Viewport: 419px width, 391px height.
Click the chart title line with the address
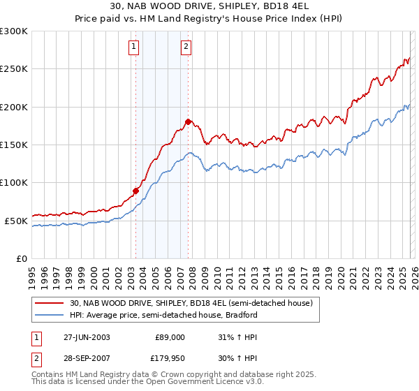click(x=209, y=6)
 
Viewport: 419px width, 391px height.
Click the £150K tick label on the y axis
click(x=14, y=145)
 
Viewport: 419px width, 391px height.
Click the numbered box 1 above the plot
click(x=133, y=47)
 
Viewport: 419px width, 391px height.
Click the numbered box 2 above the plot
click(x=186, y=47)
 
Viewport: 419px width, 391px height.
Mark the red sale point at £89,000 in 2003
click(x=136, y=191)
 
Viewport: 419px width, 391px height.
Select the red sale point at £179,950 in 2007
click(x=189, y=122)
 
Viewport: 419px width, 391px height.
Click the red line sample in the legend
click(x=49, y=303)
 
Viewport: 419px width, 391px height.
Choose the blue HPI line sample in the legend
click(x=49, y=315)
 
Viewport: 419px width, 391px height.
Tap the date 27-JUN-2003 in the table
click(x=87, y=337)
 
